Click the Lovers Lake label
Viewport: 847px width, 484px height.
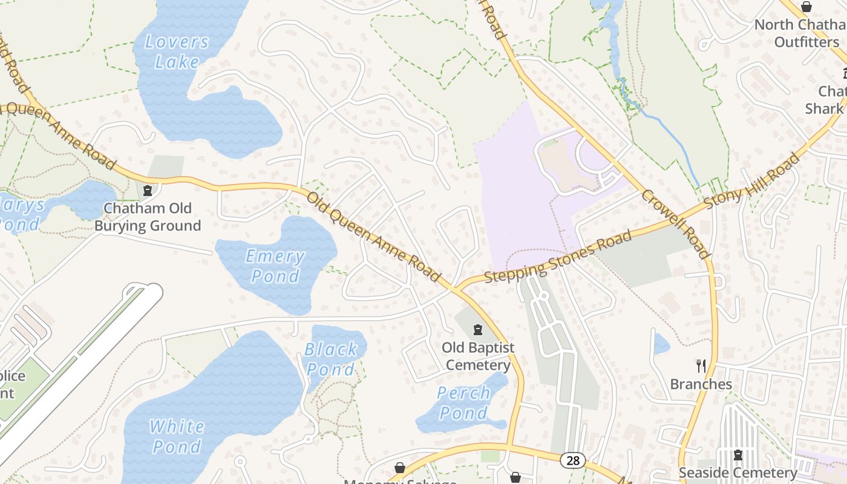(177, 52)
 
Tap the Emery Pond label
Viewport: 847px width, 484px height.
(275, 266)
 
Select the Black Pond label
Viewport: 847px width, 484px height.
(331, 359)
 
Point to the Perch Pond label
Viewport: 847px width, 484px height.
(463, 403)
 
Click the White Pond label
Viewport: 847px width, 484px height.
(176, 436)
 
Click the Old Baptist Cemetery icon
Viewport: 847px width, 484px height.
(478, 330)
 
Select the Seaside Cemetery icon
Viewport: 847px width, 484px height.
(737, 454)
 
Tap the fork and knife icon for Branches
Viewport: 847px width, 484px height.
(701, 365)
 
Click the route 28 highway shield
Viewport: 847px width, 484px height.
(572, 461)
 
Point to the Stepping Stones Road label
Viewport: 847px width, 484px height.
(558, 257)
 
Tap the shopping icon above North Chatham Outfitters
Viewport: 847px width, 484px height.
(806, 7)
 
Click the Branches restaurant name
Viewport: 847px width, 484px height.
(701, 384)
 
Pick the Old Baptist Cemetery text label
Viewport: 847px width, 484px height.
(478, 356)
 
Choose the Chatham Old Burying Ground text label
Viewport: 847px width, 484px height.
(148, 217)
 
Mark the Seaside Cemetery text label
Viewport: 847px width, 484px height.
(737, 473)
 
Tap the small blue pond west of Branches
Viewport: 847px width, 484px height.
(661, 344)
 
